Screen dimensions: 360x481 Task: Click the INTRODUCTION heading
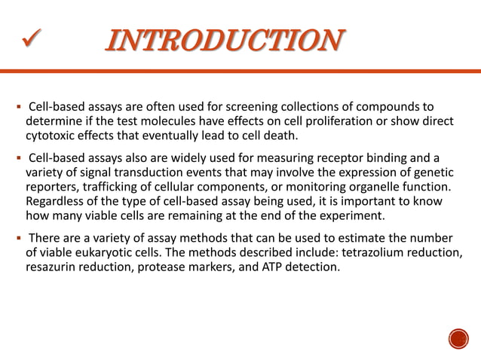coord(225,40)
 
